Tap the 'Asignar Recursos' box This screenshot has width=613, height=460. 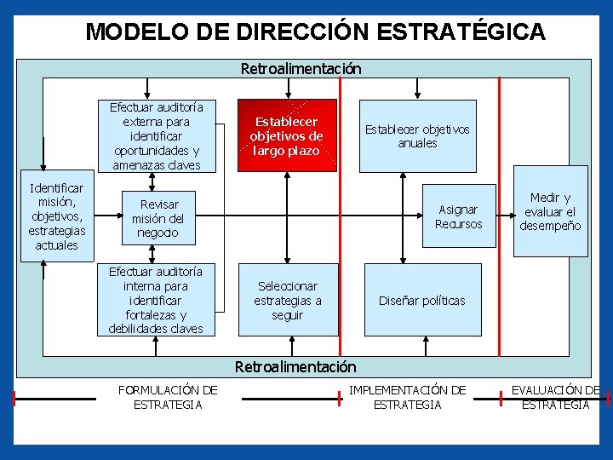click(458, 216)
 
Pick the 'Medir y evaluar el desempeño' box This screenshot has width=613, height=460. click(550, 211)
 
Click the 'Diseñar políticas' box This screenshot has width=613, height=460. click(422, 301)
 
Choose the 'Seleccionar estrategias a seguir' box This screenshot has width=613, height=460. click(288, 301)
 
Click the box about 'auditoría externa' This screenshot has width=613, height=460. click(156, 136)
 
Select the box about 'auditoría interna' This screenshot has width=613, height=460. click(156, 300)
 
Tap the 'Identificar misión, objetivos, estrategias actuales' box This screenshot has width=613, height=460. click(56, 216)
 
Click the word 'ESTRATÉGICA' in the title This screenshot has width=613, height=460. click(460, 32)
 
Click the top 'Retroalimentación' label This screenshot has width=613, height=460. click(301, 68)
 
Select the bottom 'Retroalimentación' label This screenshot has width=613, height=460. click(295, 367)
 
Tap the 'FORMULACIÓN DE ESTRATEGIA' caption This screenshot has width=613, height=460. click(168, 397)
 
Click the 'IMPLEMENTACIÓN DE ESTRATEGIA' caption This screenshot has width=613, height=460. click(408, 397)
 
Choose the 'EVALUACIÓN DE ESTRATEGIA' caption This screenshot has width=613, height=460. click(555, 397)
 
